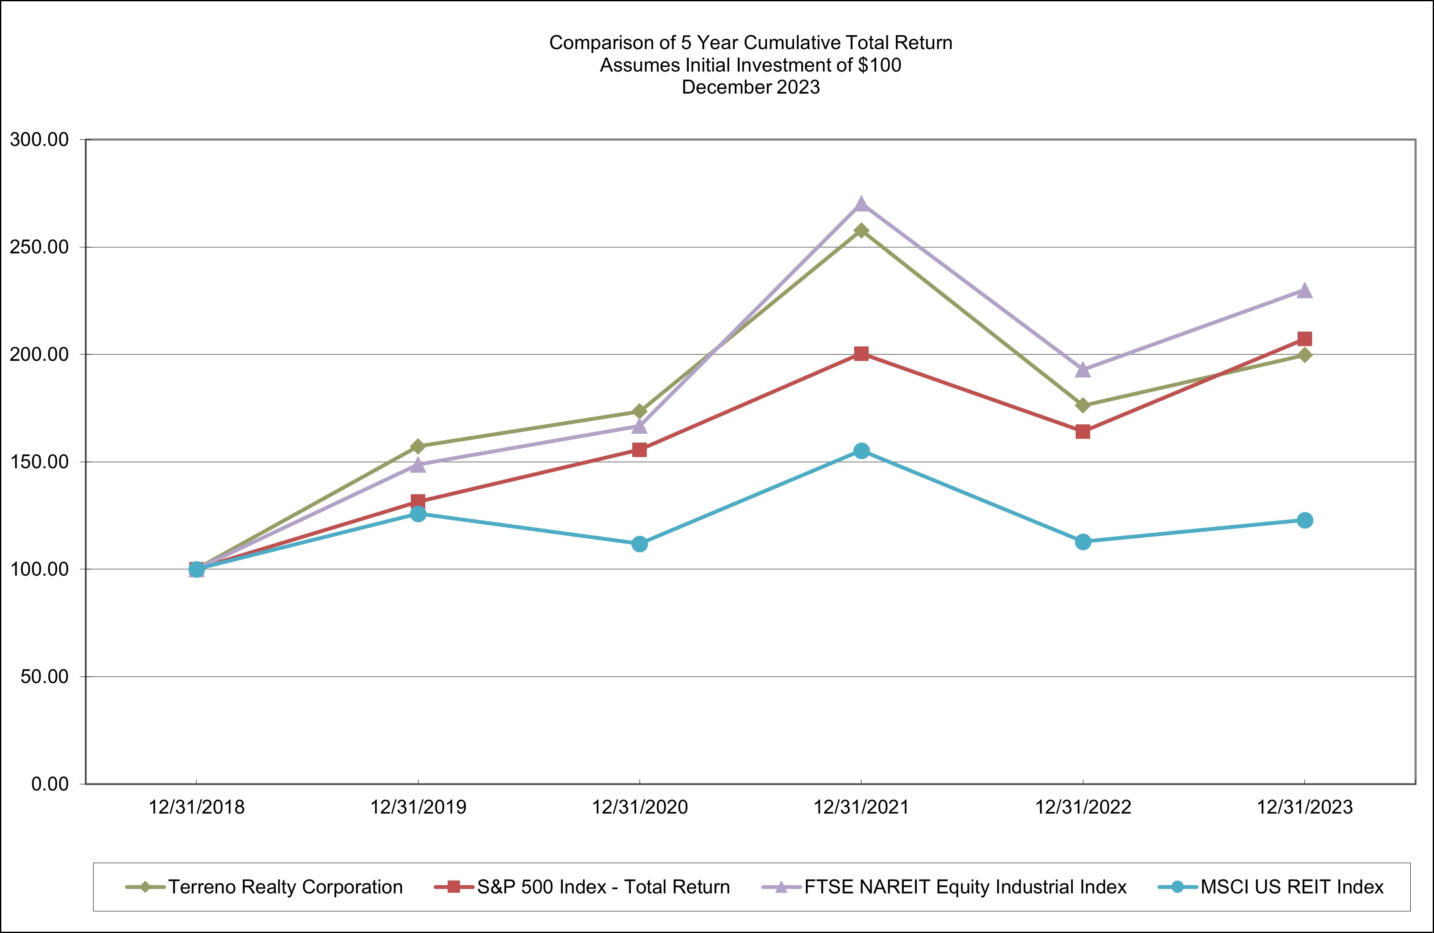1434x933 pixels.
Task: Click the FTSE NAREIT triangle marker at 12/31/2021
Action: (861, 204)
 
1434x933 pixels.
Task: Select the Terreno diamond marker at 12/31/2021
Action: (861, 230)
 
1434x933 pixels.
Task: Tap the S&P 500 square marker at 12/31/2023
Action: (1304, 339)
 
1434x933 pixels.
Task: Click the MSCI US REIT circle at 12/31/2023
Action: (1304, 520)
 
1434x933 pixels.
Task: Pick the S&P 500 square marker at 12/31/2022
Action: (1083, 432)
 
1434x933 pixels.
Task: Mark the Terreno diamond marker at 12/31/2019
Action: (418, 446)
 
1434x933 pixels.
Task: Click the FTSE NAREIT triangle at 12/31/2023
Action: (1304, 291)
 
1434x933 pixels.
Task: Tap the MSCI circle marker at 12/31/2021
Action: (861, 451)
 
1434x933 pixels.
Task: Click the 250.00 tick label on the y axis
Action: (39, 247)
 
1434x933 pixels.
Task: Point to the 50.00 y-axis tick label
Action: (44, 676)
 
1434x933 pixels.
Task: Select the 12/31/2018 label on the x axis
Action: (197, 807)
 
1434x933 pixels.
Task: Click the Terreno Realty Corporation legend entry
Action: (285, 886)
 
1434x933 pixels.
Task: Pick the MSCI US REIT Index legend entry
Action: (1292, 886)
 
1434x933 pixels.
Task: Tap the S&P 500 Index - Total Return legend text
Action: (603, 886)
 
